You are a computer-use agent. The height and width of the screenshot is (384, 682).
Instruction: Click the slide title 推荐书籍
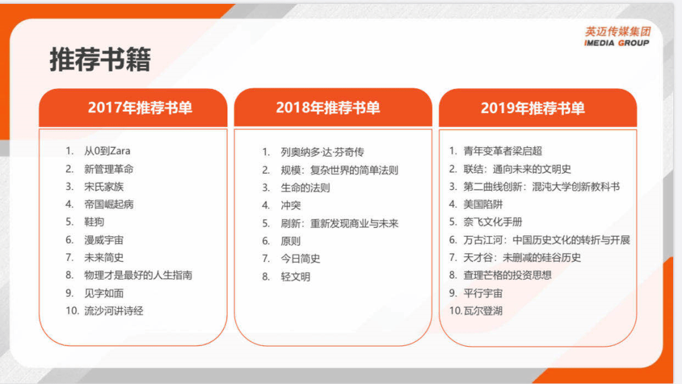click(100, 60)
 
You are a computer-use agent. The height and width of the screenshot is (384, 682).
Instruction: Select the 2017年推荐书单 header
click(140, 107)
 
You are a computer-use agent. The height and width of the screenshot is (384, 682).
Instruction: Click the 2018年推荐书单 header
click(328, 107)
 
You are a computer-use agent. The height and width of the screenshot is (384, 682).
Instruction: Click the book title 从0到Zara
click(107, 151)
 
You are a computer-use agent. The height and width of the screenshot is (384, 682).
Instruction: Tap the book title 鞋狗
click(94, 222)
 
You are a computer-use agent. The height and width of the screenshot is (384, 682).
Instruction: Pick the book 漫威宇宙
click(104, 239)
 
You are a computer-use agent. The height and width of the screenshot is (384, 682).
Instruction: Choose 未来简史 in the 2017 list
click(104, 257)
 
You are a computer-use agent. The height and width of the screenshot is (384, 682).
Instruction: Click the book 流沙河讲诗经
click(114, 311)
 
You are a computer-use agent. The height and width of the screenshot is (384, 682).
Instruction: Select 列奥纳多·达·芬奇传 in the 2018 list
click(322, 152)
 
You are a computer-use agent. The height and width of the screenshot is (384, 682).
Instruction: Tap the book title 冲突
click(290, 205)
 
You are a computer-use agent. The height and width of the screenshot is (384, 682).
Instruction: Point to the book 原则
click(290, 241)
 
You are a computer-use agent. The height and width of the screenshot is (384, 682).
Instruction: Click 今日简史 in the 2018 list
click(301, 258)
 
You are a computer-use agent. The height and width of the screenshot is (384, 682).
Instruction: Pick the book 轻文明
click(296, 277)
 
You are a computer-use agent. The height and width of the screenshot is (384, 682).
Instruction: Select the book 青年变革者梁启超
click(503, 151)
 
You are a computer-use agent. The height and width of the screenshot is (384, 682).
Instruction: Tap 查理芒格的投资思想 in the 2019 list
click(507, 275)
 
